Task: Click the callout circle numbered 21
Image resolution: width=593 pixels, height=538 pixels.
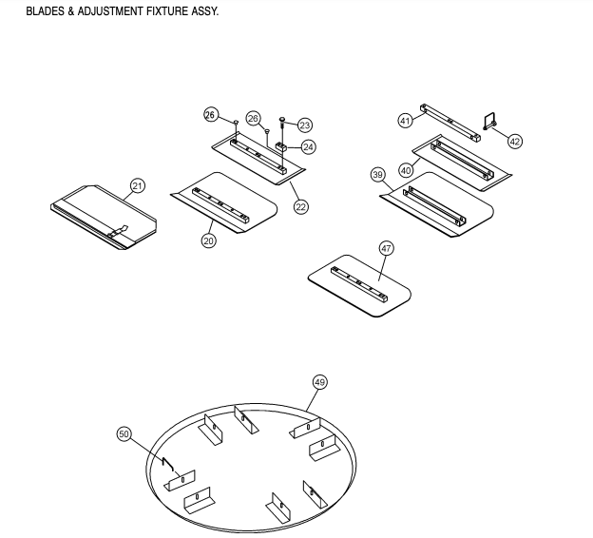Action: [138, 185]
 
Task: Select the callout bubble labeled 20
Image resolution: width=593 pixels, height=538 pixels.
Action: [208, 240]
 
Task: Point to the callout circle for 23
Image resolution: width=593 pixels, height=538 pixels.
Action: [305, 125]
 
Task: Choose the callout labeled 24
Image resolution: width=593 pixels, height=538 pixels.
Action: [309, 147]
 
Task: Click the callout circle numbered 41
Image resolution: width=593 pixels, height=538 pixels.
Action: [405, 121]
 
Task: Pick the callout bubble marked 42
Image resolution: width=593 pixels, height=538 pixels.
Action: [515, 141]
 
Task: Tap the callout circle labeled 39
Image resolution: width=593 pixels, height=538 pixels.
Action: [377, 175]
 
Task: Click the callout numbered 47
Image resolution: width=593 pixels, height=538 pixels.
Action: [386, 248]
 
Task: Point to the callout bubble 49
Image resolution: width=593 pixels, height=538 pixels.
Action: [319, 381]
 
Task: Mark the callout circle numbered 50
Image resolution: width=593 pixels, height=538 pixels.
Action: [123, 433]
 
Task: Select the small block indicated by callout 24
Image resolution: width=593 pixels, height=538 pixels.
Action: [282, 147]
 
